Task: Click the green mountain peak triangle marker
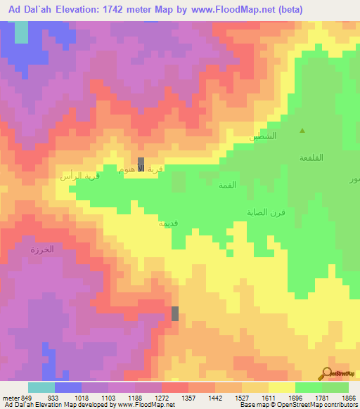pos(303,131)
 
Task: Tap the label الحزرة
pos(41,249)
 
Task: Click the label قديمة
pos(168,223)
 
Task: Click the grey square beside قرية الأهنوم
pos(141,162)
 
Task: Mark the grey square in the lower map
pos(175,313)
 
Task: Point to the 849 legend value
pos(27,398)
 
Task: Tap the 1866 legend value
pos(348,398)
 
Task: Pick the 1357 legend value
pos(188,398)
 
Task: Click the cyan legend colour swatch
pos(41,387)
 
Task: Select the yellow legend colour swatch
pos(281,387)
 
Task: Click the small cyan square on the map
pos(22,32)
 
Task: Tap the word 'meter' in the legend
pos(10,398)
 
